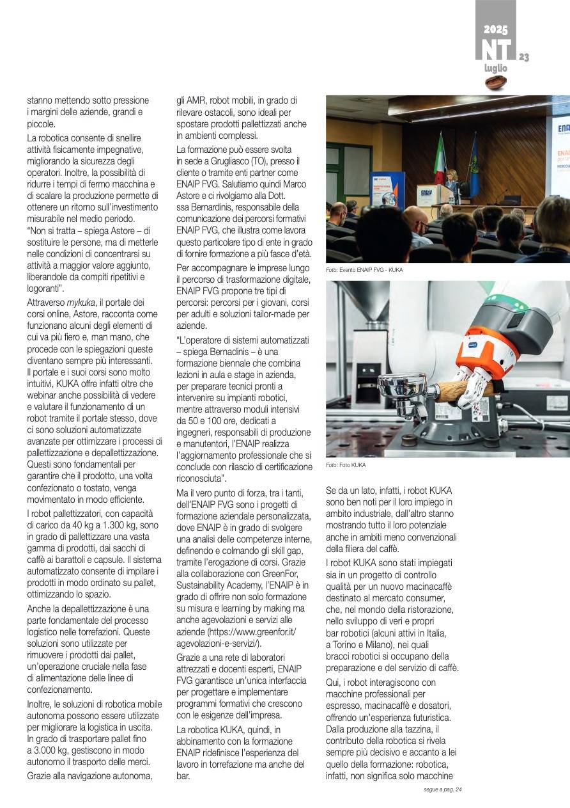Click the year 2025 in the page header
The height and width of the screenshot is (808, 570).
tap(495, 29)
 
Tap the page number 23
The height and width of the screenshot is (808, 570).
tap(524, 58)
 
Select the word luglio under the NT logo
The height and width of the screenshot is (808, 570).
tap(495, 68)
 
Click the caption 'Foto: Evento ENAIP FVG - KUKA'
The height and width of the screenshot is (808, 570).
tap(364, 270)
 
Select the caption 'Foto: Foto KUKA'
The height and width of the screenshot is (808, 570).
tap(346, 465)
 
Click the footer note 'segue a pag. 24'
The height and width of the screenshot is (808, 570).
tap(442, 789)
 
